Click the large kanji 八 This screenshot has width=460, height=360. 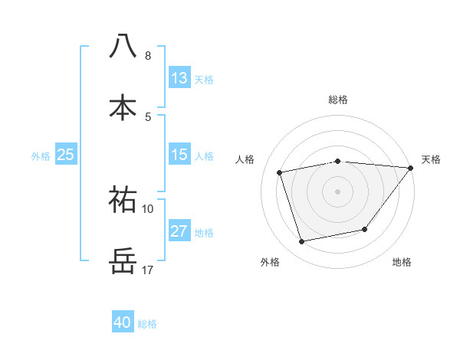point(123,46)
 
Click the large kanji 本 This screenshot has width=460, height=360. point(123,108)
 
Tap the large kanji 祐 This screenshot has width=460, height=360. point(123,199)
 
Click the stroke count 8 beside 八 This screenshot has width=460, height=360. point(148,55)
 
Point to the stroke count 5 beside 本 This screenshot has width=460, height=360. point(148,116)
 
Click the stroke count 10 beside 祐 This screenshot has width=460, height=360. point(148,208)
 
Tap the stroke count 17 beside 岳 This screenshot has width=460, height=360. point(148,270)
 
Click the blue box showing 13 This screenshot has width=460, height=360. point(179,78)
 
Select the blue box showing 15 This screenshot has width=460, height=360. point(179,155)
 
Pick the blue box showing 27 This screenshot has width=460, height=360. point(179,231)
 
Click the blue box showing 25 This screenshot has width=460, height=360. point(66,155)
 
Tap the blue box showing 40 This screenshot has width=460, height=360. point(123,323)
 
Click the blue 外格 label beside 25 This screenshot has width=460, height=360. point(41,155)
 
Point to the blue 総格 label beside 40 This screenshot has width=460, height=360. point(147,324)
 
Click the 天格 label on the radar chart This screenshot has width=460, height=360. point(431,159)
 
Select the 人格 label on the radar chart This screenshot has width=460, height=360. point(245,159)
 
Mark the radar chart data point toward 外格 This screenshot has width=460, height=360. point(302,242)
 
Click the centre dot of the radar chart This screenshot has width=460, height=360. point(337,191)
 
